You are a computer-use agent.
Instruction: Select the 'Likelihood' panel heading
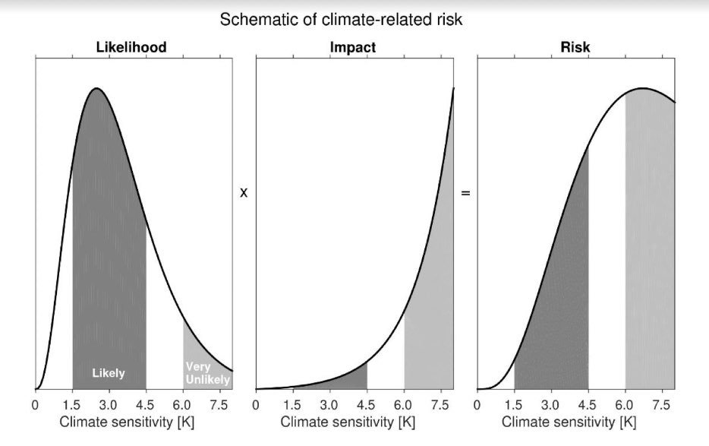[x=131, y=48]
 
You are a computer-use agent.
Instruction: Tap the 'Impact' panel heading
[x=353, y=48]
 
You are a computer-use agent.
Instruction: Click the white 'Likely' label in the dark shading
[x=109, y=374]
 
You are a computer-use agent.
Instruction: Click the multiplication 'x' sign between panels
[x=244, y=193]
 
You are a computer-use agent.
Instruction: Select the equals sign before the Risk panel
[x=466, y=193]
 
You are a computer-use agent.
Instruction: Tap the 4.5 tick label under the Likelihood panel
[x=147, y=404]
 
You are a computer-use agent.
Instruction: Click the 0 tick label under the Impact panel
[x=256, y=404]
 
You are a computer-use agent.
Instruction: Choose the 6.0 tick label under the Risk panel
[x=625, y=404]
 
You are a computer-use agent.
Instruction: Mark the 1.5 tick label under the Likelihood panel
[x=72, y=404]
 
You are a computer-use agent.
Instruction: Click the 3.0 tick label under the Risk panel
[x=551, y=404]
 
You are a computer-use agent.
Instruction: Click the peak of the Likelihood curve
[x=96, y=89]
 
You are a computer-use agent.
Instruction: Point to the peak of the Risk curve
[x=642, y=89]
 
